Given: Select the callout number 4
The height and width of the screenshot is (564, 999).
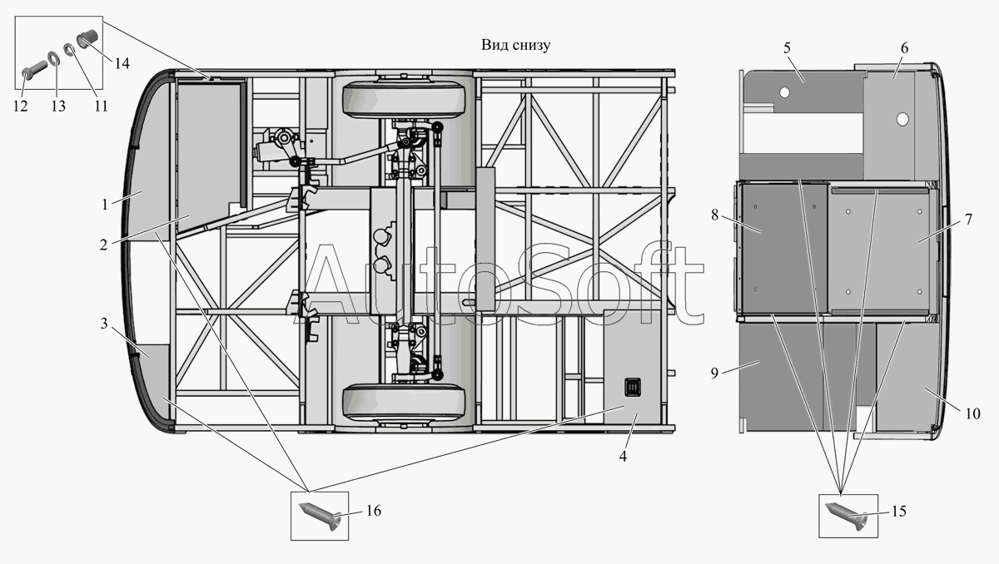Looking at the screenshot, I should (x=623, y=456).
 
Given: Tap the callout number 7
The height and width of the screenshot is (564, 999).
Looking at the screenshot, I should (x=967, y=219).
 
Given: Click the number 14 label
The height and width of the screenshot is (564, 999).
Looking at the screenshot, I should (x=122, y=62).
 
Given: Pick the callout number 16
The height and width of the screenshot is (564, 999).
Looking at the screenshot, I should (x=374, y=511).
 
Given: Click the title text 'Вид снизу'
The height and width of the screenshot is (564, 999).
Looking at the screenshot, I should (x=514, y=45).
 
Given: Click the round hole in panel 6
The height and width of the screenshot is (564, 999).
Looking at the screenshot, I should (x=902, y=120).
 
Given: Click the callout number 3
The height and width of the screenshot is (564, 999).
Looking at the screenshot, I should (x=103, y=324).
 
